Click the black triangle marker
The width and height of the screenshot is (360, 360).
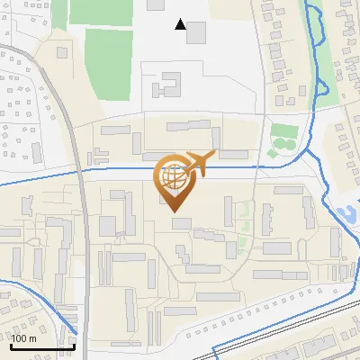[182, 25]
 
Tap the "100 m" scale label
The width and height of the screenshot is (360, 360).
[23, 338]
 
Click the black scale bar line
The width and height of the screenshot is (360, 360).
[42, 346]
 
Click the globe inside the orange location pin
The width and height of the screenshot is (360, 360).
[172, 176]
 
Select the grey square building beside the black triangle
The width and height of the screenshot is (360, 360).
[196, 32]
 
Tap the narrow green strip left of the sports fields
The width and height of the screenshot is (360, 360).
[59, 13]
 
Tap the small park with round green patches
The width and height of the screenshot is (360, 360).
[284, 138]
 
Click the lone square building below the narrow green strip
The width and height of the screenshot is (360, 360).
[62, 52]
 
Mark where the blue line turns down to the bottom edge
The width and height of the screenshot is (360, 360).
[213, 348]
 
